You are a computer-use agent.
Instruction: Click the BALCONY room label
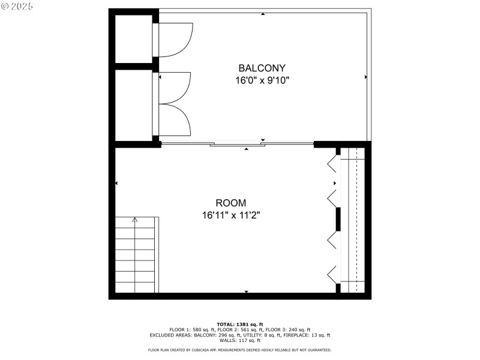tap(262, 68)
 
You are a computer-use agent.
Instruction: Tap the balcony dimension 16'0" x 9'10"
tap(262, 80)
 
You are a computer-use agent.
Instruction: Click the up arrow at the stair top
tap(134, 220)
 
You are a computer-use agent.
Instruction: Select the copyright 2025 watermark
tap(17, 6)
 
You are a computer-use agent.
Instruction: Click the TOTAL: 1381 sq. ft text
tap(240, 325)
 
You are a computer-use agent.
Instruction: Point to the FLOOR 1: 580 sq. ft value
tap(190, 330)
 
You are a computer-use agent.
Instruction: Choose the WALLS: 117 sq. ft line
tap(240, 341)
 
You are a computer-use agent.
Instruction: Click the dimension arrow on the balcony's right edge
tap(366, 77)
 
